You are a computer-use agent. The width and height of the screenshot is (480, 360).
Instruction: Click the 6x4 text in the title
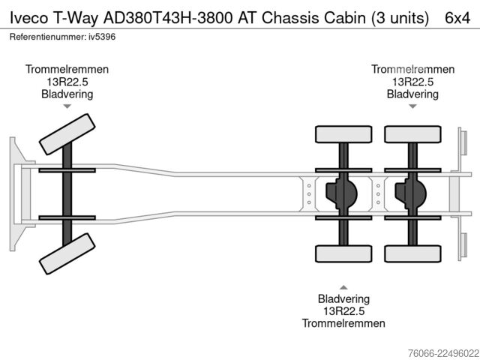(x=457, y=18)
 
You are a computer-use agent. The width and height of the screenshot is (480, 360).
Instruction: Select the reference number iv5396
(x=102, y=37)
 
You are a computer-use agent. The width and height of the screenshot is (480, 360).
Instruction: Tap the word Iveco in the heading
(x=29, y=18)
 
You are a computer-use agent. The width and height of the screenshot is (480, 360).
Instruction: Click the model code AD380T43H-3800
(x=168, y=18)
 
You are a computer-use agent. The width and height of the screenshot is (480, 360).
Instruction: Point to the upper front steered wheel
(x=67, y=134)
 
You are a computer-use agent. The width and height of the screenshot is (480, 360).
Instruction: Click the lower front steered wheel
(x=67, y=253)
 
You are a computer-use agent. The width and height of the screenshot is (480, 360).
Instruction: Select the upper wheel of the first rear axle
(x=343, y=134)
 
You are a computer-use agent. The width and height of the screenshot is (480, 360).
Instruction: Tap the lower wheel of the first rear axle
(x=343, y=253)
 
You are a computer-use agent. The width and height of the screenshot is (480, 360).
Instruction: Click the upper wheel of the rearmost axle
(x=413, y=134)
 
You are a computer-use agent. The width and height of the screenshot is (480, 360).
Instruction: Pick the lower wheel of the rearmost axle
(x=413, y=253)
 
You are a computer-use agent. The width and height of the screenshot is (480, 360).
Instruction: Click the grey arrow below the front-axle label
(x=67, y=106)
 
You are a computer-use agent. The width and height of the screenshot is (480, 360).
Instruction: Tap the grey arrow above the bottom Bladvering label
(x=343, y=287)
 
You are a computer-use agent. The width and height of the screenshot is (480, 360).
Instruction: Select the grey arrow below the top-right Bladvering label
(x=413, y=106)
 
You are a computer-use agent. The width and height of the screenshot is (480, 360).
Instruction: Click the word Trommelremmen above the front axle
(x=67, y=69)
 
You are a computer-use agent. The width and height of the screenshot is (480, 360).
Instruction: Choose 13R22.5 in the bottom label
(x=343, y=311)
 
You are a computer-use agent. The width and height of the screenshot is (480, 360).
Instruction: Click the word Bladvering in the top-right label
(x=412, y=94)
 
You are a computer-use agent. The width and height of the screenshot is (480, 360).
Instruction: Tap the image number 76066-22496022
(x=443, y=353)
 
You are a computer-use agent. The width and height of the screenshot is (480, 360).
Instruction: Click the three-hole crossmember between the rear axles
(x=378, y=194)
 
